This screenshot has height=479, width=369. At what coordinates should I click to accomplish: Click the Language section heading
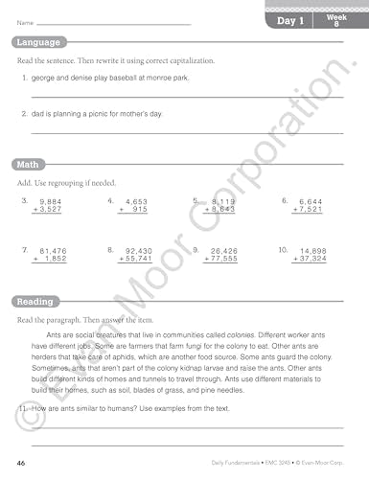click(x=37, y=42)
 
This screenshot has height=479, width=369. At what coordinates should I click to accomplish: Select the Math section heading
click(x=27, y=164)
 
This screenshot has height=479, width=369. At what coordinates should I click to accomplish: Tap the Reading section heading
click(x=34, y=301)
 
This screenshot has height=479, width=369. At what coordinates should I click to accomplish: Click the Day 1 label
click(x=290, y=20)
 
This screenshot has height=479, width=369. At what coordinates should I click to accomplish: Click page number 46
click(x=18, y=463)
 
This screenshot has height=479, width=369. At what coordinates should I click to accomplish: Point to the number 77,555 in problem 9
click(x=222, y=259)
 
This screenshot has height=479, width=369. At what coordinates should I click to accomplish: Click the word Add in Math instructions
click(x=23, y=181)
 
